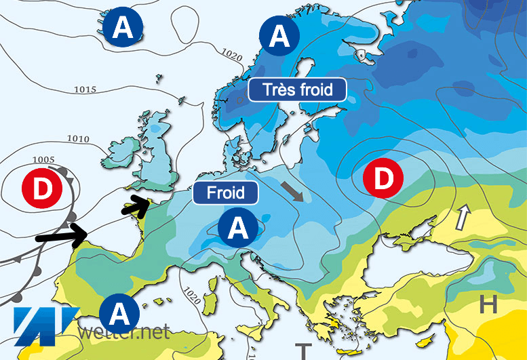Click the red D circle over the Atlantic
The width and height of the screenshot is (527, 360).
42,189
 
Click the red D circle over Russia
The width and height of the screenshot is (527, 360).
384,178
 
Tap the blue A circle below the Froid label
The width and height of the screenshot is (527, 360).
238,228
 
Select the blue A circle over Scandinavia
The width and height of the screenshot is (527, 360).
279,36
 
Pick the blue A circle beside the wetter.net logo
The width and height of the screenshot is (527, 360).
119,314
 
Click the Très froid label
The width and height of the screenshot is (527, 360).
297,89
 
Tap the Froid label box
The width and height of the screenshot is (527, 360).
226,192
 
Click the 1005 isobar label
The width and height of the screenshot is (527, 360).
43,160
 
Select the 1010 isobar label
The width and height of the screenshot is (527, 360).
78,140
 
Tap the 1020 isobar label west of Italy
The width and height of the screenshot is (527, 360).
193,296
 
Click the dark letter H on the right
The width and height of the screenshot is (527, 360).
488,305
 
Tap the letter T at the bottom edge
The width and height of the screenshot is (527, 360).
302,351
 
